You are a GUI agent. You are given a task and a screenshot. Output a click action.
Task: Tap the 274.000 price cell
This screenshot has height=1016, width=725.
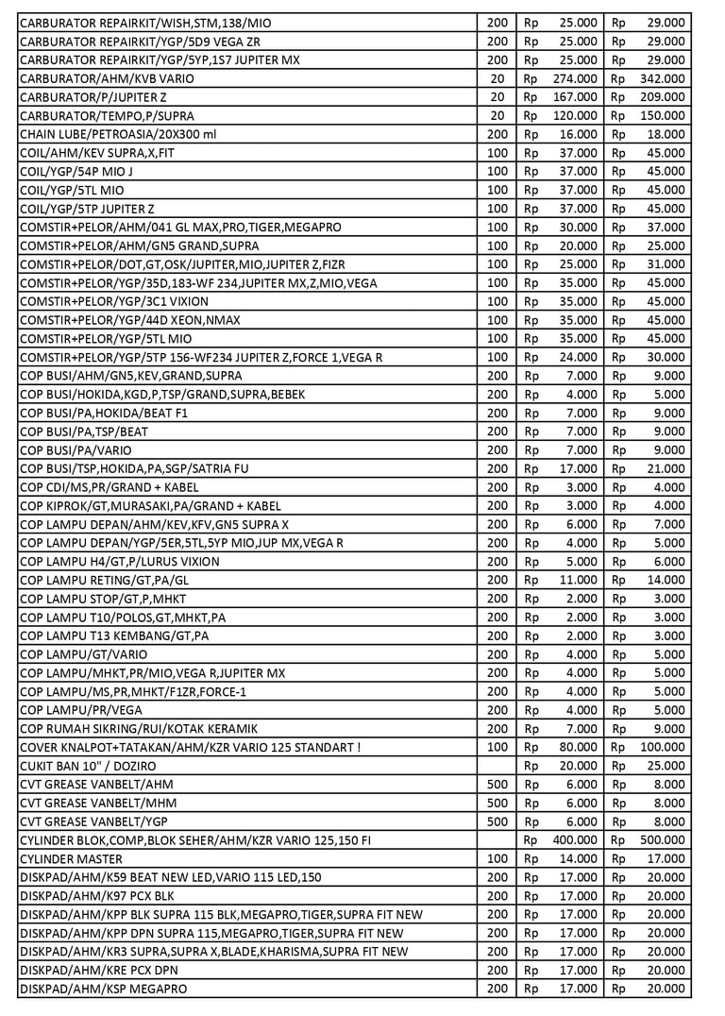[x=575, y=78]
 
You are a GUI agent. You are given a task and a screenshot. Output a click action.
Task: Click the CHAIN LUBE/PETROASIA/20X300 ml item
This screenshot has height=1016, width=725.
[x=118, y=134]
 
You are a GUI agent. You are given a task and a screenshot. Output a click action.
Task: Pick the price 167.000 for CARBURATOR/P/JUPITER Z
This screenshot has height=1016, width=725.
[x=575, y=97]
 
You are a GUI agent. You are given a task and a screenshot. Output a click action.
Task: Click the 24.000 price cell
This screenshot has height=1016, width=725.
[x=578, y=357]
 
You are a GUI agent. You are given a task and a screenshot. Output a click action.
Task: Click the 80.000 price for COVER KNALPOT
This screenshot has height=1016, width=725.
[x=578, y=747]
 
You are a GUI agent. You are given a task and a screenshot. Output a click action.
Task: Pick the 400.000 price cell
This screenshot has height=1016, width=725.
[x=575, y=839]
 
